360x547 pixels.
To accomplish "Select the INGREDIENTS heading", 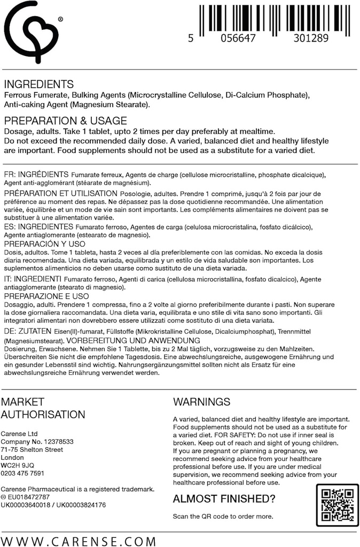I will tap(38, 84).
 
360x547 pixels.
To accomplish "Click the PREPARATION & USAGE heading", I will tap(65, 120).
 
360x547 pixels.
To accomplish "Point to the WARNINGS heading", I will tap(202, 402).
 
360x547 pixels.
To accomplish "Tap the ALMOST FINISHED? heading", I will tap(224, 499).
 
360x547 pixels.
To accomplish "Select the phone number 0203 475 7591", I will tap(23, 473).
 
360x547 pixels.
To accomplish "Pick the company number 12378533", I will tap(56, 442).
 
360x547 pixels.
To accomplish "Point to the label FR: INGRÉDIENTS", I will tap(36, 175).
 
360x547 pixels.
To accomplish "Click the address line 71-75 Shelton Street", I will tap(32, 450).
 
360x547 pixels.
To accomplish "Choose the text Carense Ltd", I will tap(19, 434).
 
